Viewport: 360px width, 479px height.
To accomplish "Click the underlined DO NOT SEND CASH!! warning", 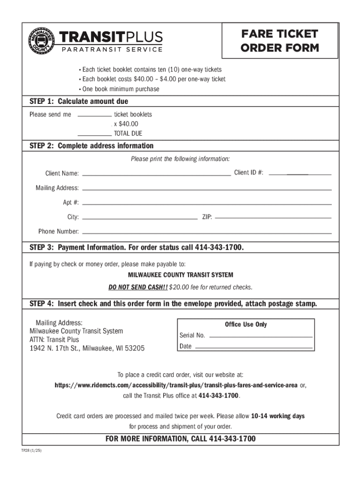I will pyautogui.click(x=138, y=287).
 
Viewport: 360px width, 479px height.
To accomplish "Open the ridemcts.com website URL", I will pyautogui.click(x=176, y=385).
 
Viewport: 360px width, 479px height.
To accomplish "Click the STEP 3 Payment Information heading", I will pyautogui.click(x=137, y=247).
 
